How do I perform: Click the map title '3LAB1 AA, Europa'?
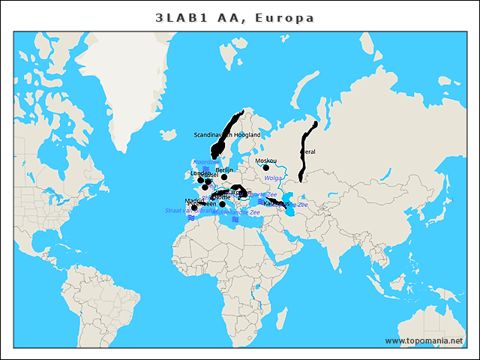pyautogui.click(x=235, y=17)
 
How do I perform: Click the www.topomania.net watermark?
pyautogui.click(x=424, y=340)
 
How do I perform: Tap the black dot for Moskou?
pyautogui.click(x=265, y=168)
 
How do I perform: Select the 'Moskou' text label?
pyautogui.click(x=265, y=160)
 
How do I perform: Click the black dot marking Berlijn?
pyautogui.click(x=224, y=177)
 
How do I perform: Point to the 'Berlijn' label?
pyautogui.click(x=223, y=170)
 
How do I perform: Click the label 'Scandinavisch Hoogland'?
pyautogui.click(x=226, y=135)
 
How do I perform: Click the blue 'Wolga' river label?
pyautogui.click(x=272, y=178)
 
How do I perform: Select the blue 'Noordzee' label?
pyautogui.click(x=206, y=161)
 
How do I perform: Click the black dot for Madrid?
pyautogui.click(x=194, y=207)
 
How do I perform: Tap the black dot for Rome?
pyautogui.click(x=222, y=204)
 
